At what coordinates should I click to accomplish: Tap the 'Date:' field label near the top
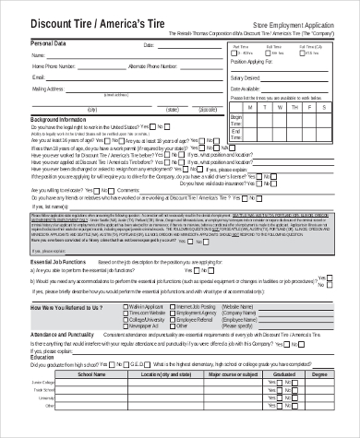[x=149, y=44]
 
